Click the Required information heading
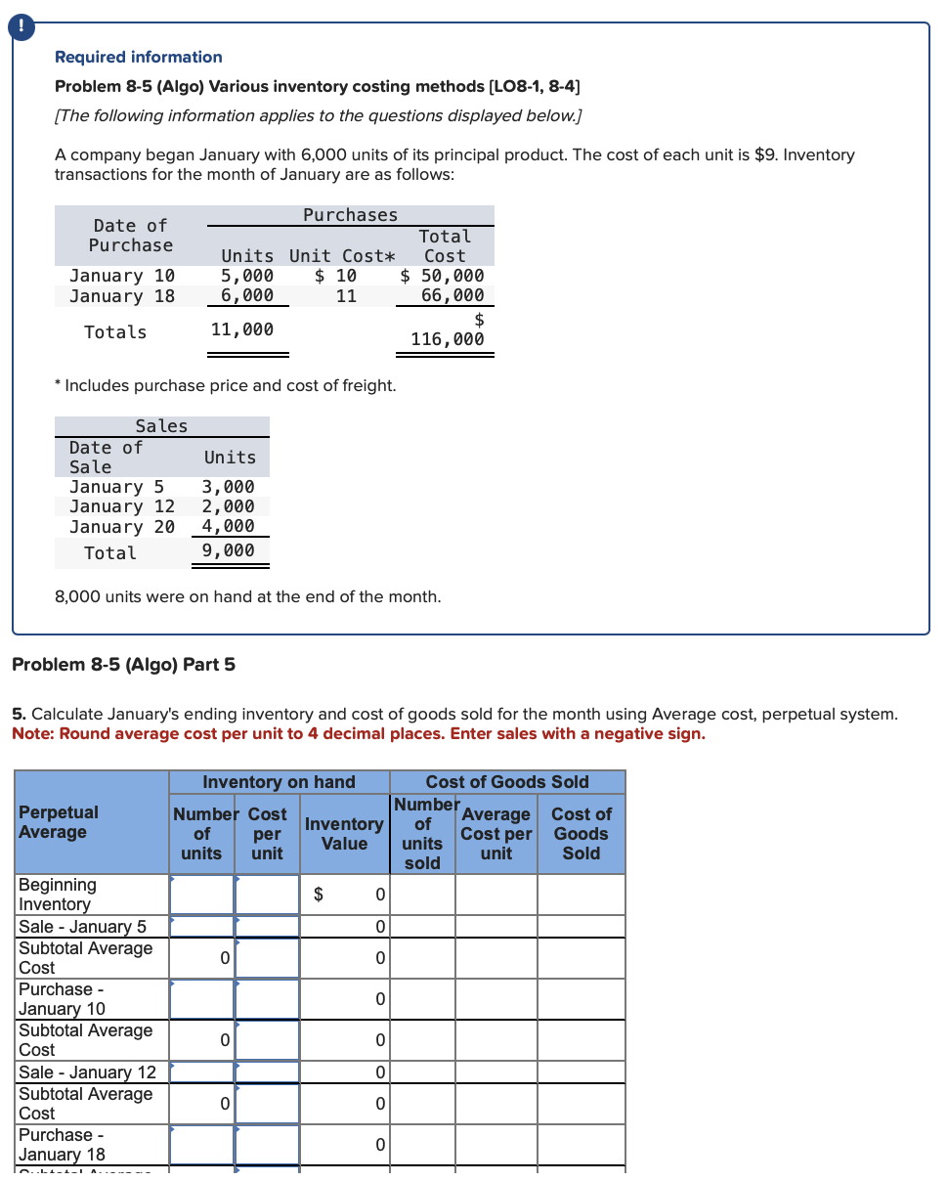(x=139, y=57)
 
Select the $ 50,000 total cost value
(x=443, y=276)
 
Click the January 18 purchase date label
(x=122, y=295)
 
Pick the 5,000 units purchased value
(x=247, y=276)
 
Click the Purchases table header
(x=350, y=215)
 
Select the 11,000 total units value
(x=242, y=329)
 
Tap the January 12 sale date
(x=122, y=506)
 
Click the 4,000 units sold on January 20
(x=228, y=526)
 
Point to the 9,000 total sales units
(x=228, y=550)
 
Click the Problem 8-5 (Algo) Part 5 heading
(x=123, y=665)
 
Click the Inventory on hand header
(x=279, y=782)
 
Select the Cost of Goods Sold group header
(x=506, y=782)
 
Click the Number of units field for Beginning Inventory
(x=201, y=894)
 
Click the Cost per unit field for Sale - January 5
(x=267, y=926)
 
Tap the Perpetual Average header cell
(x=59, y=822)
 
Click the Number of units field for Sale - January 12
(x=201, y=1072)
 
